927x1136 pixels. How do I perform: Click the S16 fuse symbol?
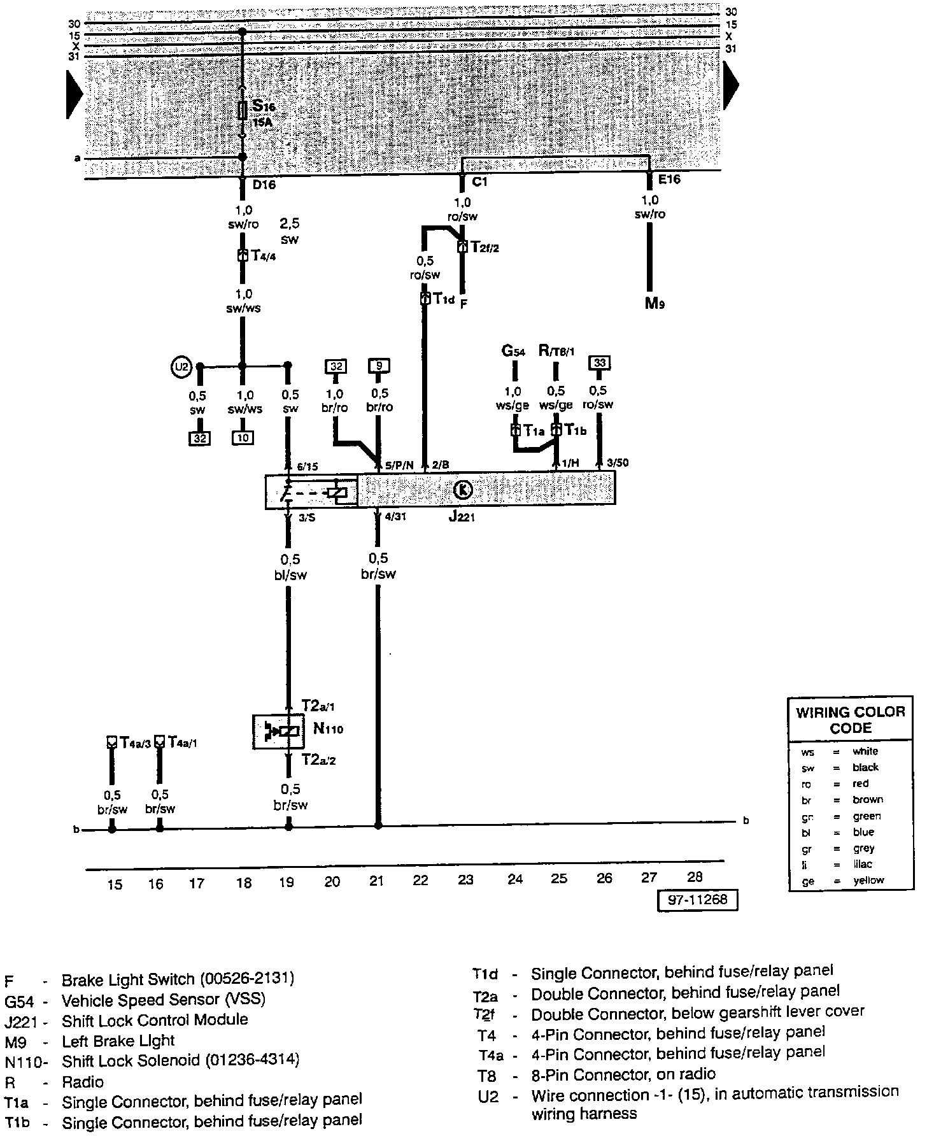tap(242, 110)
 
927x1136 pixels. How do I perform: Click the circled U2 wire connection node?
tap(182, 367)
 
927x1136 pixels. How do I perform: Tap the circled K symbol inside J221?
tap(463, 490)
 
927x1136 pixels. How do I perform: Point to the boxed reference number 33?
tap(600, 363)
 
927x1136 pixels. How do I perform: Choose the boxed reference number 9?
tap(379, 366)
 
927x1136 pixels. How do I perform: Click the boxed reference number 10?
tap(242, 438)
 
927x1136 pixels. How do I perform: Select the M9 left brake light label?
tap(655, 303)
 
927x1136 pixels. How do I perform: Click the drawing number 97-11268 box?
tap(697, 900)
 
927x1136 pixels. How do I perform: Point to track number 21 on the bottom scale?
tap(377, 881)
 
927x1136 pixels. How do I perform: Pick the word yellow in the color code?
tap(868, 880)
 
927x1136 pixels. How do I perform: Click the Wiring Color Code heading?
tap(850, 720)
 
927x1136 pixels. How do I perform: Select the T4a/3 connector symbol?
tap(112, 742)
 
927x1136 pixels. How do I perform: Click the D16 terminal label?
tap(264, 185)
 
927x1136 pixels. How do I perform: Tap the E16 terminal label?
tap(669, 180)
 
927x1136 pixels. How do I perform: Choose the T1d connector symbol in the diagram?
tap(425, 299)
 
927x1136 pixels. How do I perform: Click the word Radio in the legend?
tap(83, 1082)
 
